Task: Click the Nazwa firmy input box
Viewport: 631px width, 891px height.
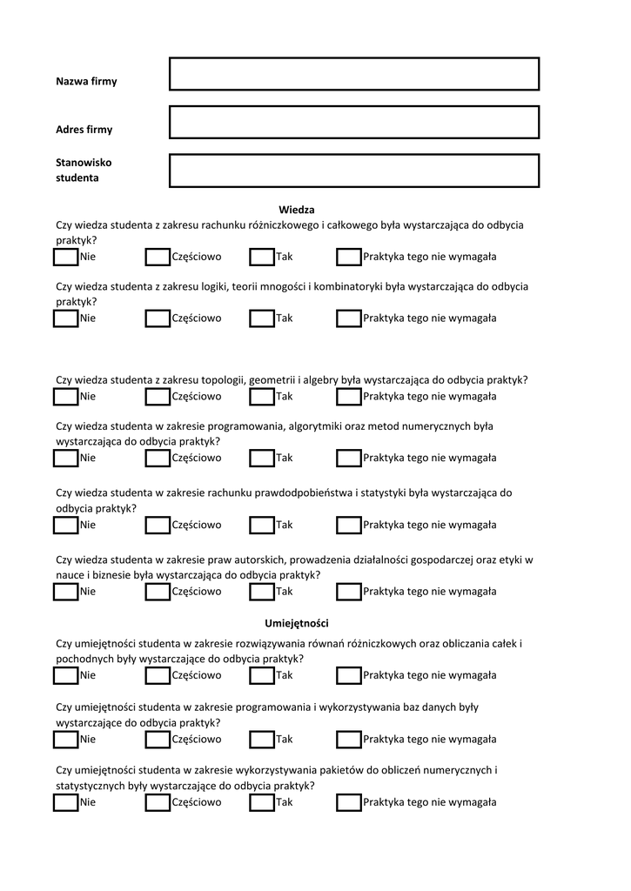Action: pos(354,74)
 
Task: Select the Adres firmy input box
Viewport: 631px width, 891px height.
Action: pos(354,123)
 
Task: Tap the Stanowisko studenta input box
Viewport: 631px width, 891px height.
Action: pos(354,171)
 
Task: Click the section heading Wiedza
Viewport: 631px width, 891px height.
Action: pos(296,210)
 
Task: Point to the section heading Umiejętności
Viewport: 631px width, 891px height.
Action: pos(296,623)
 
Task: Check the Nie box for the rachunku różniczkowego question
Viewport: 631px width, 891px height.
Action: pos(65,257)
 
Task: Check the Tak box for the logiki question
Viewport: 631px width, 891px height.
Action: pos(262,318)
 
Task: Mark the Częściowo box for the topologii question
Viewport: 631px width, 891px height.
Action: pos(158,397)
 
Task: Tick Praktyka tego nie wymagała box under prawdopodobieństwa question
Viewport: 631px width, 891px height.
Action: pos(349,525)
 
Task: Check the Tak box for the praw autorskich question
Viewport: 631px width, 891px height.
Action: pos(262,592)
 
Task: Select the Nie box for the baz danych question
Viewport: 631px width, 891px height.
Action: pos(65,740)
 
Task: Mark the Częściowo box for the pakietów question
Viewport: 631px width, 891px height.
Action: pos(158,802)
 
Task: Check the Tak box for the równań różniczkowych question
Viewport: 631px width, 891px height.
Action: pos(262,675)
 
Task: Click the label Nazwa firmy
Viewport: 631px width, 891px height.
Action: pos(86,82)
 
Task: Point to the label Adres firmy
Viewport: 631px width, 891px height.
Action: pos(84,130)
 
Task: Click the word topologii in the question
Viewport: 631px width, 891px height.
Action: pos(222,380)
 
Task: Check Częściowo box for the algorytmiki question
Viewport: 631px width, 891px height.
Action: pos(158,458)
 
